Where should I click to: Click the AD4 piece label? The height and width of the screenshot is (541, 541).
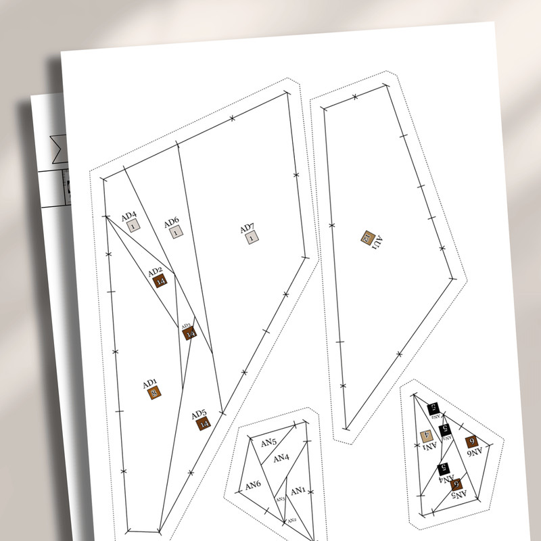(x=129, y=216)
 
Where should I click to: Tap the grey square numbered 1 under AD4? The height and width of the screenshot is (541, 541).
(x=133, y=227)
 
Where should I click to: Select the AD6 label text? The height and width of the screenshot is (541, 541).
(x=171, y=222)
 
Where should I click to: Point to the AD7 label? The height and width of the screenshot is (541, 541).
(x=248, y=228)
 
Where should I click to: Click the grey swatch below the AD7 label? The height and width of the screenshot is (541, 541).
(x=252, y=237)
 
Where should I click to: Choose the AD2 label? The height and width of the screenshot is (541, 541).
(x=156, y=272)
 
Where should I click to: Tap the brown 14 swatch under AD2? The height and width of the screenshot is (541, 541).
(x=160, y=282)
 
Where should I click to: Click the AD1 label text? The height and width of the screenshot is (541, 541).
(x=150, y=384)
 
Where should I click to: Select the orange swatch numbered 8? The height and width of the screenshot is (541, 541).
(x=155, y=394)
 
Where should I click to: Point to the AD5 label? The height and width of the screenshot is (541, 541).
(x=199, y=414)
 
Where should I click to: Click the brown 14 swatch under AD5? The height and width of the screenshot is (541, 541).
(x=204, y=424)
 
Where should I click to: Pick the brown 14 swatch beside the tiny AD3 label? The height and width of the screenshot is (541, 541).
(x=190, y=333)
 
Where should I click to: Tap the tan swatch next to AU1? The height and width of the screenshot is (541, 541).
(x=367, y=237)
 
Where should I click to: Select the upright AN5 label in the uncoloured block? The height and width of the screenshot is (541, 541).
(x=268, y=442)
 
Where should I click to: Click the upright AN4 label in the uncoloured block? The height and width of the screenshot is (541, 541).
(x=281, y=458)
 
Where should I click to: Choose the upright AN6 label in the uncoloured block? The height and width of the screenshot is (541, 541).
(x=253, y=485)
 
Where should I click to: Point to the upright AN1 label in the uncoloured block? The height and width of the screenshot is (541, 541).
(x=298, y=490)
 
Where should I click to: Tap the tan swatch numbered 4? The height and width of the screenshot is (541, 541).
(x=427, y=437)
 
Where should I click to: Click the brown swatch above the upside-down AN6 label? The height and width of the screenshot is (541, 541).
(x=472, y=442)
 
